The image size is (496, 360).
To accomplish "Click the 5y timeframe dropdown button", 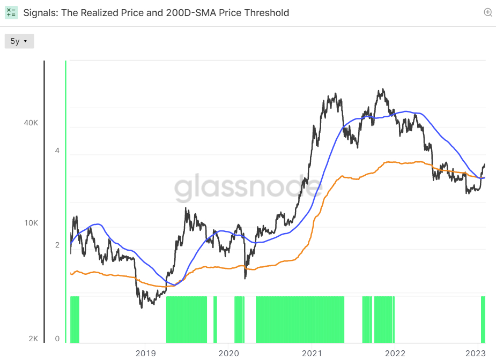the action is coord(19,41).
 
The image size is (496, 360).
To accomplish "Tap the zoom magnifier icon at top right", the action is coord(488,12).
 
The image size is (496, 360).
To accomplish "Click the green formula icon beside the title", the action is coord(11,13).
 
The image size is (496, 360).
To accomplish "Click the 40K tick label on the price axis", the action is coord(31,123).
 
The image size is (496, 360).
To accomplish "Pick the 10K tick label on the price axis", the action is coord(31,223).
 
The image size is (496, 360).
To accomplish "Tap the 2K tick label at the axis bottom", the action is coord(33,339).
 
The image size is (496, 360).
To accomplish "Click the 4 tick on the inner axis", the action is coord(57,151).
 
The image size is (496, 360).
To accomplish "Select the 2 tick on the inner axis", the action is coord(57,245).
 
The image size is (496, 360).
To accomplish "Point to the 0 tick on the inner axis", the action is coord(57,339).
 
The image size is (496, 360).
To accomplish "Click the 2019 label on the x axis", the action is coord(145,354).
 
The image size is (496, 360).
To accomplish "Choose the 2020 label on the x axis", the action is coord(229,354).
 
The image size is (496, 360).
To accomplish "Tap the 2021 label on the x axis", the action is coord(312,354).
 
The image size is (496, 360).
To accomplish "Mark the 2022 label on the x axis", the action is coord(395,354).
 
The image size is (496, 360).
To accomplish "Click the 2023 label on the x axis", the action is coord(476,354).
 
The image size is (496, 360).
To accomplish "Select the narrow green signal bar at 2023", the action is coord(483,319).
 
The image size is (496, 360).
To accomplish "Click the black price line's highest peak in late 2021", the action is coord(383,89).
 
